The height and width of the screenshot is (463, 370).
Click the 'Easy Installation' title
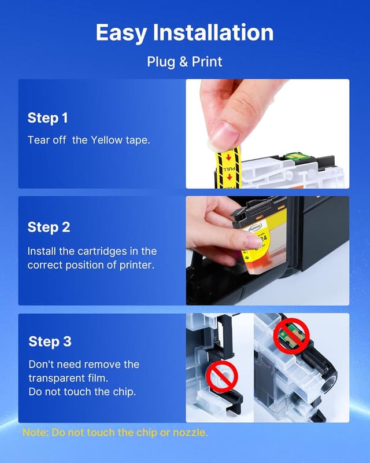(184, 33)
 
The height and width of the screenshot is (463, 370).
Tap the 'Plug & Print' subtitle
(184, 62)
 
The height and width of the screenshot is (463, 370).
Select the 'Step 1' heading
(48, 118)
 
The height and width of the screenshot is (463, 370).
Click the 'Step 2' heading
(49, 227)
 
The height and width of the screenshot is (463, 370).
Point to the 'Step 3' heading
(50, 341)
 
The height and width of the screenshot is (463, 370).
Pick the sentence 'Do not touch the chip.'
(82, 392)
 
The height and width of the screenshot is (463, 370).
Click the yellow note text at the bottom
(115, 432)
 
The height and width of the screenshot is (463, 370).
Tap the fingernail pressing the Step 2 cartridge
(253, 241)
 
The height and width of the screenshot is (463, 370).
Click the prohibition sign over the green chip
(291, 336)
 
